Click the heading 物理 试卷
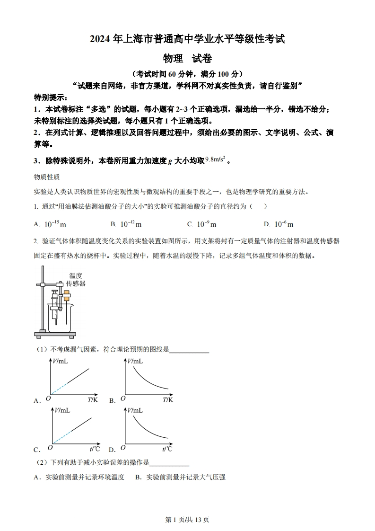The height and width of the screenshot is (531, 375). (187, 59)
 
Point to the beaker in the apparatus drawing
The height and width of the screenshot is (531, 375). (60, 318)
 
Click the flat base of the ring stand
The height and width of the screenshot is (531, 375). (55, 335)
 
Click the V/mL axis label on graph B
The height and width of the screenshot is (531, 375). (136, 361)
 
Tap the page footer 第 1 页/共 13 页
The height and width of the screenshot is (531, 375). (187, 519)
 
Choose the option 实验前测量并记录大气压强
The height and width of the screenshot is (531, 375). (180, 477)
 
